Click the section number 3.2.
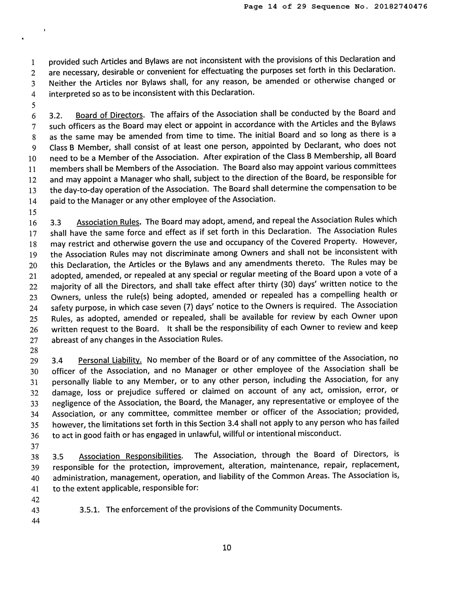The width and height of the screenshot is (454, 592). tap(56, 116)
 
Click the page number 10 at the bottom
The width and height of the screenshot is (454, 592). tap(227, 547)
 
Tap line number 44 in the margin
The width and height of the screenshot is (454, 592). tap(36, 521)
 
